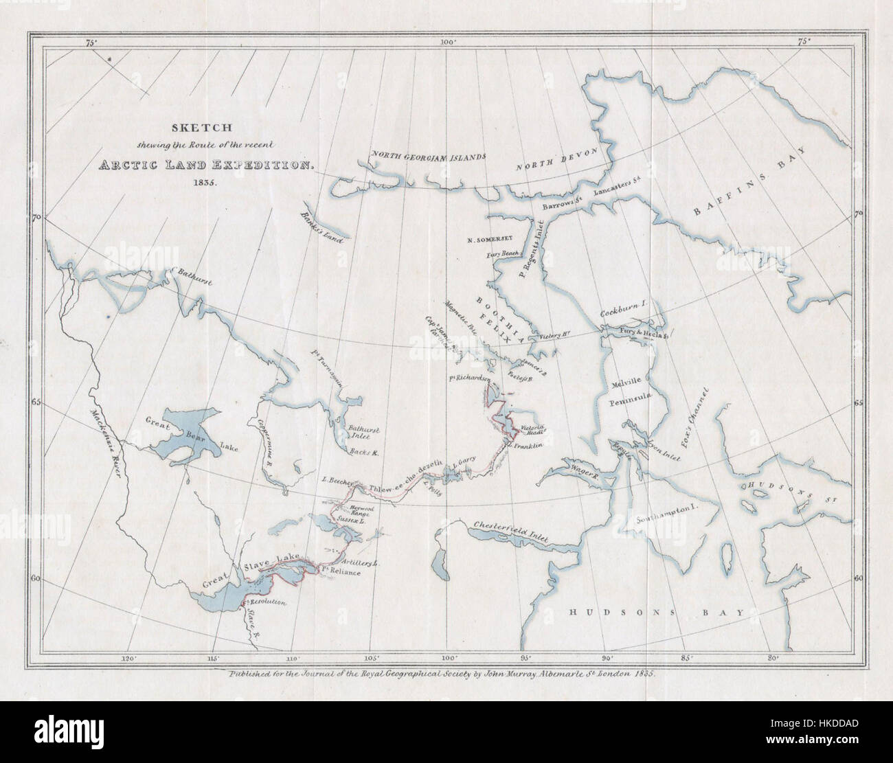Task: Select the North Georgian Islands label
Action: (429, 156)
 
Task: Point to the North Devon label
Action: (557, 159)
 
